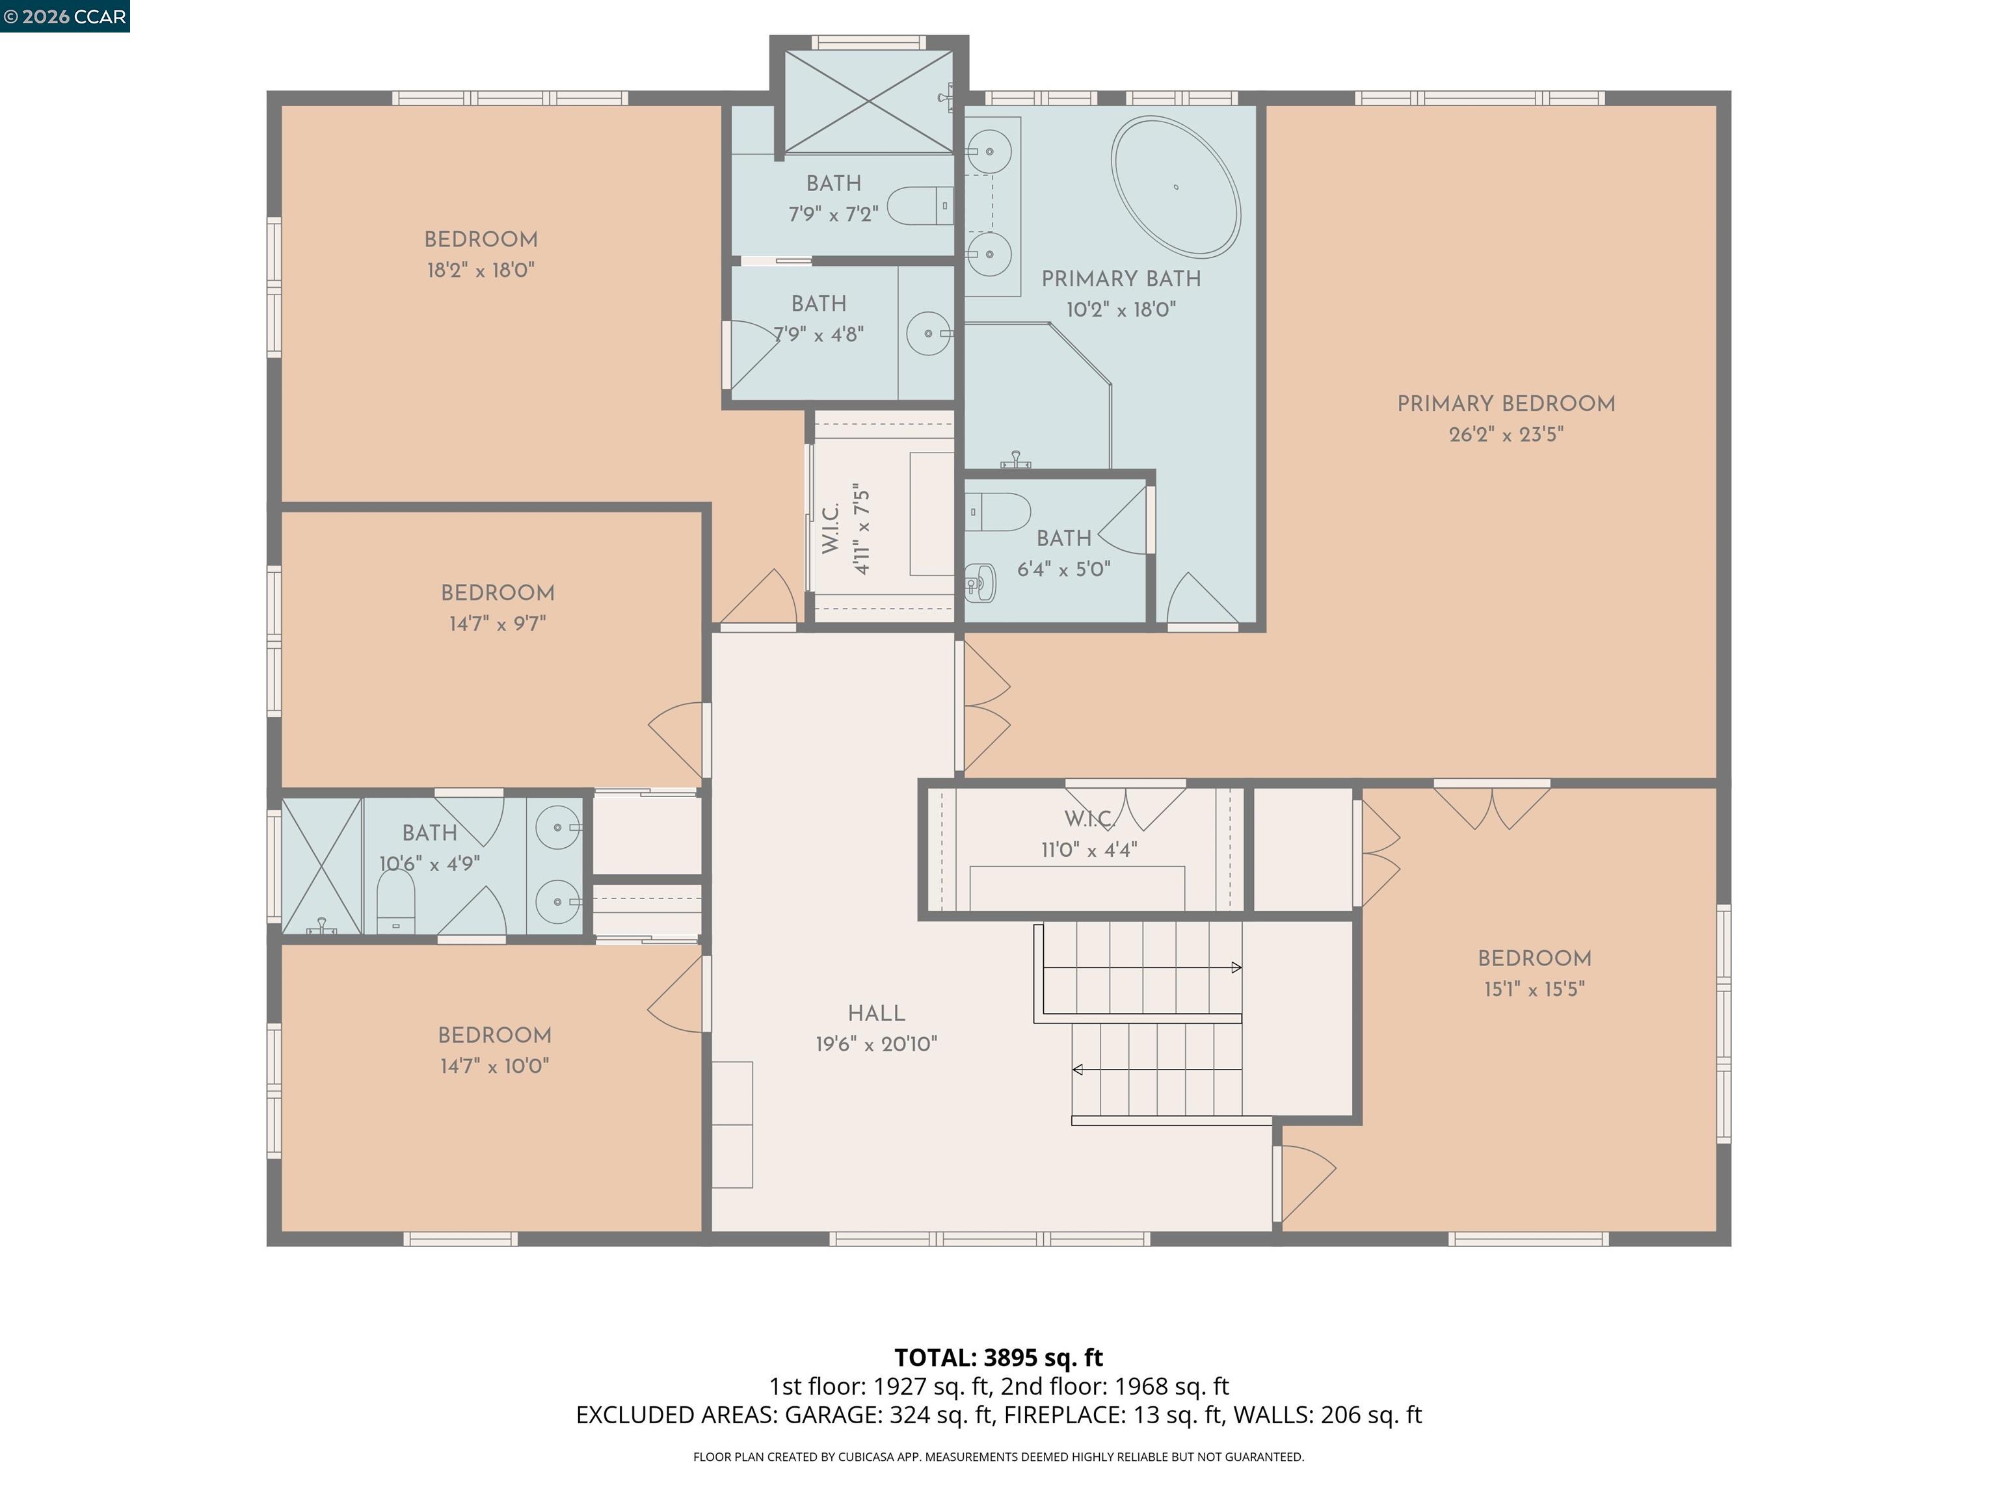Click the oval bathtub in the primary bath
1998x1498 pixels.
pos(1176,187)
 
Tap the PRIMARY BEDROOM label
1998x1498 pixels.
pos(1506,404)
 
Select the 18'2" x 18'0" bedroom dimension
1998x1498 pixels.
pos(481,270)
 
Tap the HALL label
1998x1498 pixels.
pos(876,1013)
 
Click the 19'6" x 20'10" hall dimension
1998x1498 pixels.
pos(876,1044)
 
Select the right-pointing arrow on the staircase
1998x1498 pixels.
pos(1143,967)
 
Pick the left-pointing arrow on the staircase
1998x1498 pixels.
pos(1157,1070)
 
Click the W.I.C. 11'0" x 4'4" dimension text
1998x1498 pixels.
pos(1088,850)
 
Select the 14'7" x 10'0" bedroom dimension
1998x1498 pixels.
pos(495,1066)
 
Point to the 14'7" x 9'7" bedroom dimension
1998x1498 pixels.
pos(498,623)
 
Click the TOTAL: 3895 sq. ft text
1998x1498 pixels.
pos(998,1357)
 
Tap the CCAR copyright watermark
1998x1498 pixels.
pos(65,16)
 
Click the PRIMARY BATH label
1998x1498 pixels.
pos(1121,279)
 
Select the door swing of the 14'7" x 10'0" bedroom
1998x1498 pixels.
pos(676,994)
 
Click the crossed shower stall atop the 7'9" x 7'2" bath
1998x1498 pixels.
pos(868,102)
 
